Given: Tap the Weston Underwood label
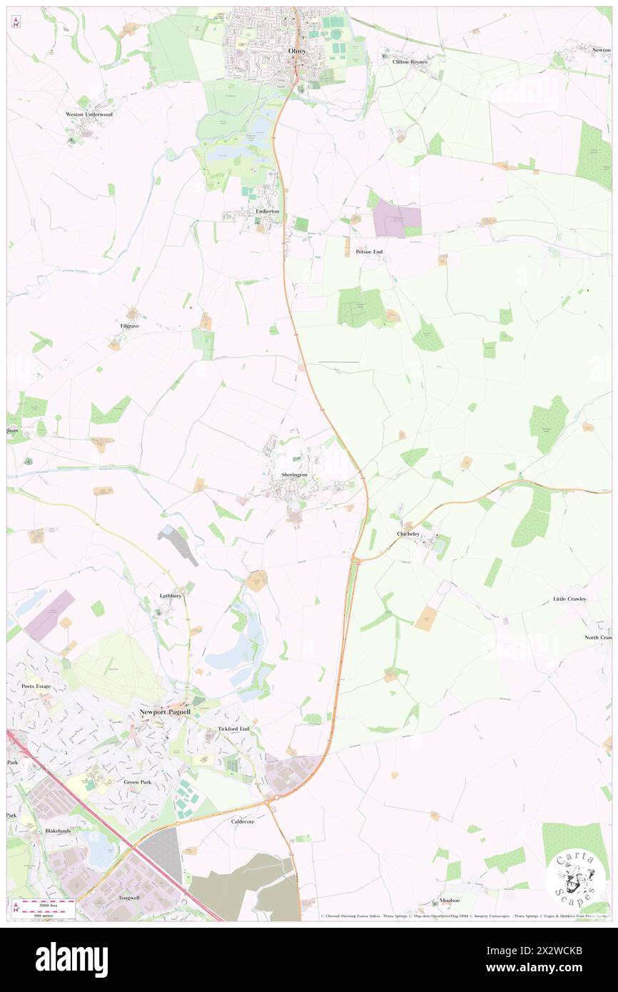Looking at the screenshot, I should coord(89,114).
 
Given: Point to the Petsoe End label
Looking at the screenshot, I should coord(369,252).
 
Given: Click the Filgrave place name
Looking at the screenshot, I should coord(130,325).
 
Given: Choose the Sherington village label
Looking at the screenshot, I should coord(294,475).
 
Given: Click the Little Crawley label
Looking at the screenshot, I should coord(569,599).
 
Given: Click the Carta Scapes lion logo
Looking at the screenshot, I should coord(575,876).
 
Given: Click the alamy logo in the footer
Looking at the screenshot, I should coord(71,959).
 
